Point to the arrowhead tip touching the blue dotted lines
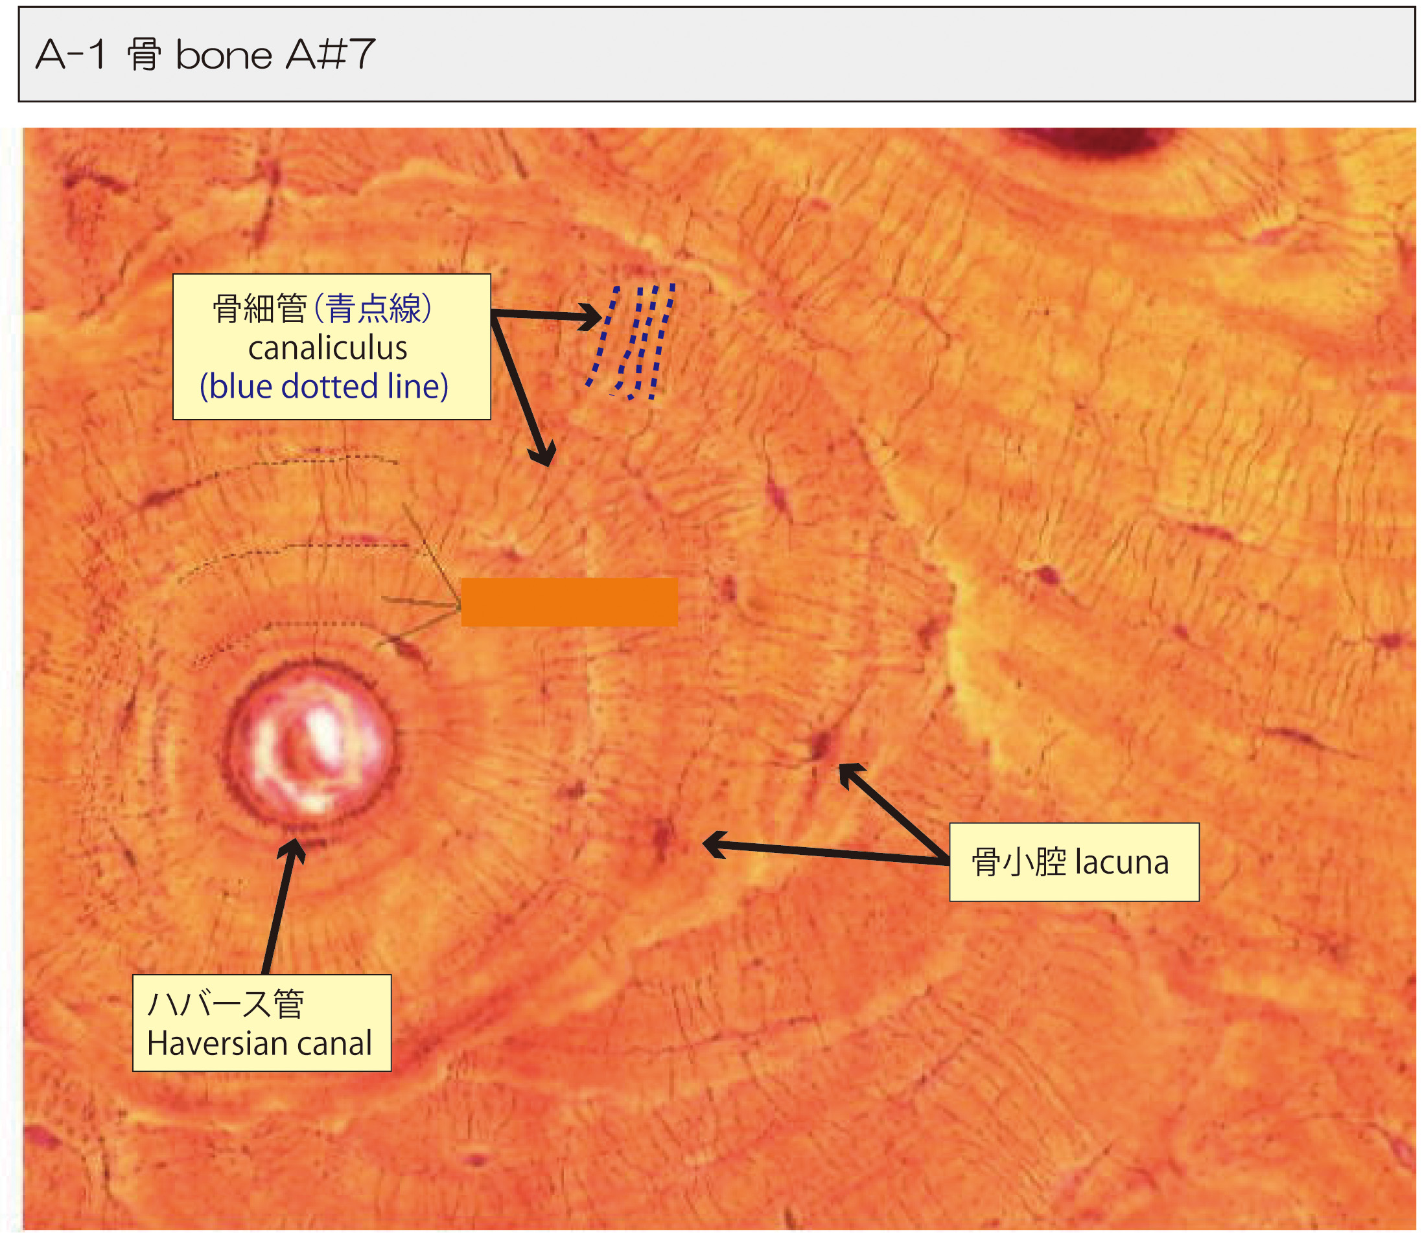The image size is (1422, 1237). (x=602, y=318)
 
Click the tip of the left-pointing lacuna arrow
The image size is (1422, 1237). (x=703, y=843)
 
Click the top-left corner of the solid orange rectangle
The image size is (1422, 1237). (x=461, y=578)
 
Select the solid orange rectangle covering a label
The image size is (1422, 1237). (x=570, y=602)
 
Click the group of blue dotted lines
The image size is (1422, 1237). (x=631, y=342)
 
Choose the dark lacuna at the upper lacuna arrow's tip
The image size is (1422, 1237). (x=822, y=745)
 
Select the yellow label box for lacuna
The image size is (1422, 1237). (x=1074, y=862)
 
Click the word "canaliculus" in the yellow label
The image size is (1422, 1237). (x=327, y=348)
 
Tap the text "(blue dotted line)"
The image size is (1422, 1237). (x=324, y=387)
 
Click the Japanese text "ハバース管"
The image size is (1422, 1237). (x=226, y=1004)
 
